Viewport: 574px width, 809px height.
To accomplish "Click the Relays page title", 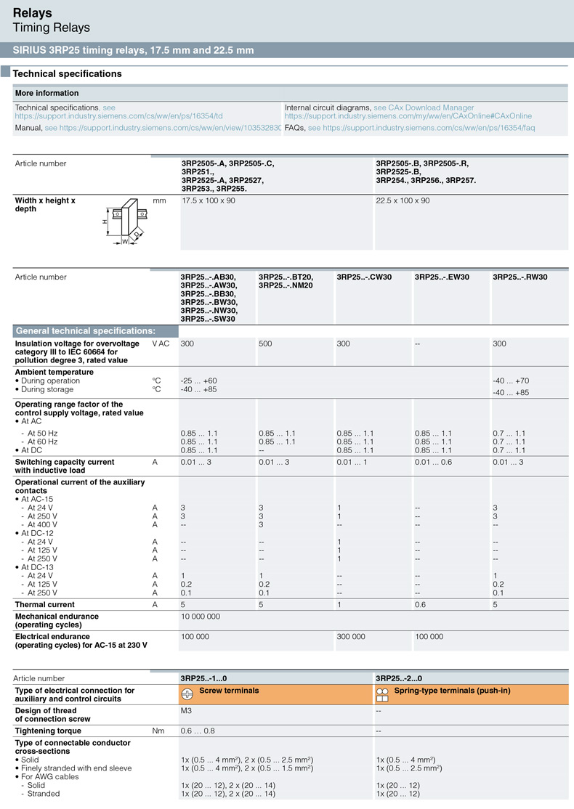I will point(33,12).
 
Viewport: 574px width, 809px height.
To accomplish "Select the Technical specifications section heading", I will point(67,73).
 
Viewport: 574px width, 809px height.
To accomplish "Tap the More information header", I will point(47,93).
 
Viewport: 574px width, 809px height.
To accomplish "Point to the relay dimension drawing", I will point(124,221).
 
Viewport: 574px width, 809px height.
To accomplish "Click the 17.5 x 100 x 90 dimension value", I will point(209,200).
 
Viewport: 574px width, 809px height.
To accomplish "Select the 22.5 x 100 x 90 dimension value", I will point(403,200).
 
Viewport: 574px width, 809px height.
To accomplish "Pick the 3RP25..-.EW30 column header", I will point(442,277).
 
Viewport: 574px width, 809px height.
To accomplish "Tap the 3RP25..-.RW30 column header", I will point(520,277).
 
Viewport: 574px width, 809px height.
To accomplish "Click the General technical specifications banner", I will point(86,330).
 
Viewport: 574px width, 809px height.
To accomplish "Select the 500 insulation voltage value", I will point(265,343).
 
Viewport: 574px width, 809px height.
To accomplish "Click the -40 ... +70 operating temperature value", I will point(511,381).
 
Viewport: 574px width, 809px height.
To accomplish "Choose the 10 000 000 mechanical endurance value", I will point(201,616).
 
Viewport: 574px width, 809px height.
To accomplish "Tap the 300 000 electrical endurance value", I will point(352,636).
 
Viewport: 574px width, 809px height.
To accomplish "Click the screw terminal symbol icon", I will point(187,693).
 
